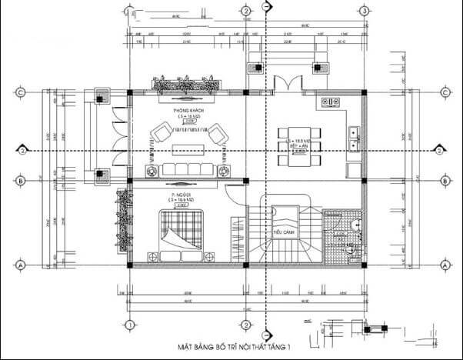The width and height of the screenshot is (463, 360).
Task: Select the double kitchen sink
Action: (x=355, y=136)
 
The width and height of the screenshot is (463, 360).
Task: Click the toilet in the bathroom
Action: (x=355, y=225)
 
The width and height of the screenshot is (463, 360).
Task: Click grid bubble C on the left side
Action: (x=22, y=92)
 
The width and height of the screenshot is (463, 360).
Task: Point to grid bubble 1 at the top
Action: (x=129, y=11)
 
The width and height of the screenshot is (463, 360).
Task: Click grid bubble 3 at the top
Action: (x=363, y=11)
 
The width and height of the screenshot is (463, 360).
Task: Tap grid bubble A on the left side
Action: (x=22, y=265)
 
